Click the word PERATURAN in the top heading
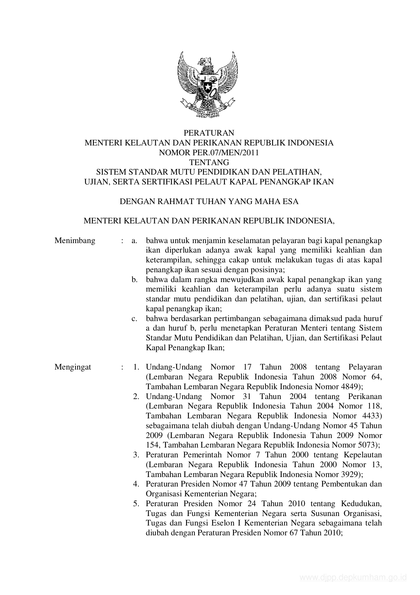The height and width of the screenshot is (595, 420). (209, 133)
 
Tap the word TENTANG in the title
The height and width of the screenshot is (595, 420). (209, 162)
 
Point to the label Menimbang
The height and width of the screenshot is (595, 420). (75, 241)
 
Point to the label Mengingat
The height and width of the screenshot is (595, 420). (73, 367)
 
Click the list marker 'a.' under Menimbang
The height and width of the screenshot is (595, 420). (134, 241)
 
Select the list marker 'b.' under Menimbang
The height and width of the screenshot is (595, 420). (134, 280)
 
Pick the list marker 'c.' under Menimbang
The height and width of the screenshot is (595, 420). (134, 319)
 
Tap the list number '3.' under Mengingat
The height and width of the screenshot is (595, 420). (136, 455)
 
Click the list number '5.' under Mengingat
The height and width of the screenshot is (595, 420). (136, 503)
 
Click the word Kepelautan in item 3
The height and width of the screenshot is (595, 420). (362, 455)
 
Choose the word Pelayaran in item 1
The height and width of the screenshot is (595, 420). (365, 367)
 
